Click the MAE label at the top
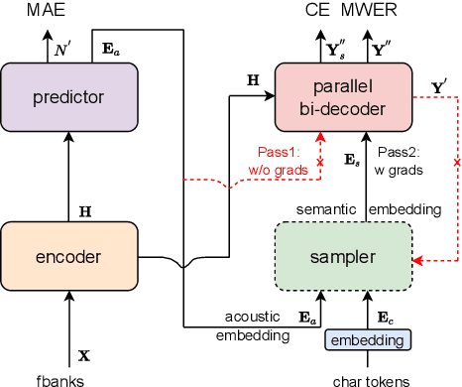(19, 10)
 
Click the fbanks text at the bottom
(69, 378)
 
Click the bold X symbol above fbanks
(83, 353)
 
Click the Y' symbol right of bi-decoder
(439, 86)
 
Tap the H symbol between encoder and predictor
(84, 210)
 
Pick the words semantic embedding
(366, 208)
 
